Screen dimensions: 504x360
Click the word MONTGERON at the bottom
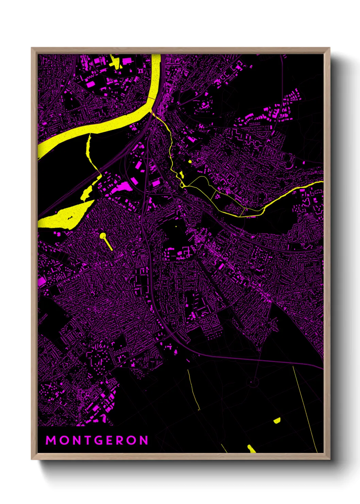(97, 440)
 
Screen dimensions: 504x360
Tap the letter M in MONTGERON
(51, 440)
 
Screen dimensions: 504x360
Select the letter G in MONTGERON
(99, 440)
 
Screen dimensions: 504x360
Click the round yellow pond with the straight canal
(103, 236)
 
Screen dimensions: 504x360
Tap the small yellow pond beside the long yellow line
(277, 421)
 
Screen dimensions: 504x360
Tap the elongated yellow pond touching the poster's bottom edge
(251, 449)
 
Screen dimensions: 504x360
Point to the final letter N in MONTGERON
(144, 440)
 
